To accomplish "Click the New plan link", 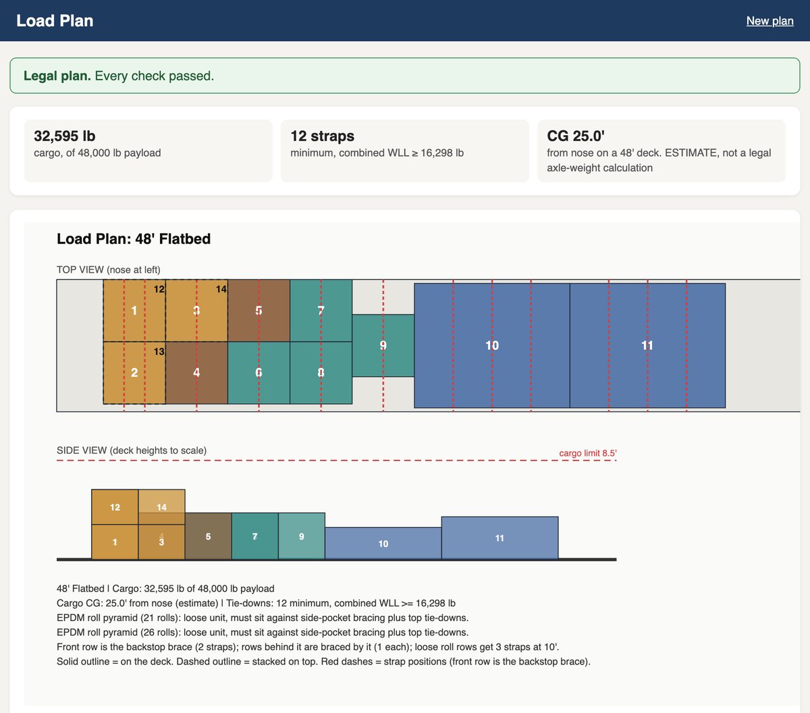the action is (769, 21).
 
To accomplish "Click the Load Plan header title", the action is (55, 21).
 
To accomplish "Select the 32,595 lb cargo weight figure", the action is (65, 136).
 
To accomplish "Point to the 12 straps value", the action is (322, 136).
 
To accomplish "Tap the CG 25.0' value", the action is (576, 136).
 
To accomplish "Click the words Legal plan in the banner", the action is (57, 76).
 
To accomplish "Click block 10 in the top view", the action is (492, 346).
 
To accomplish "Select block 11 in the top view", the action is (647, 346).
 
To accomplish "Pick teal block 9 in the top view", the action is (383, 346).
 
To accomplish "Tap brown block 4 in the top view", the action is (196, 373).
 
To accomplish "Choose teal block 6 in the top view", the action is (259, 373).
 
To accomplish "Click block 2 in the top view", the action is (134, 373).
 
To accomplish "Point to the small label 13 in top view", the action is (159, 352).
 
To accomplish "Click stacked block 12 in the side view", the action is (115, 507).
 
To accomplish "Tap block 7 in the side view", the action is (254, 536).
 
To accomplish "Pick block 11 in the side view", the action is (500, 538).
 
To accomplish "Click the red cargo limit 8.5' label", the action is (588, 453).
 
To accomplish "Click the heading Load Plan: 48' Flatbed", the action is (134, 239).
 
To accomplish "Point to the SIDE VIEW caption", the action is (132, 450).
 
